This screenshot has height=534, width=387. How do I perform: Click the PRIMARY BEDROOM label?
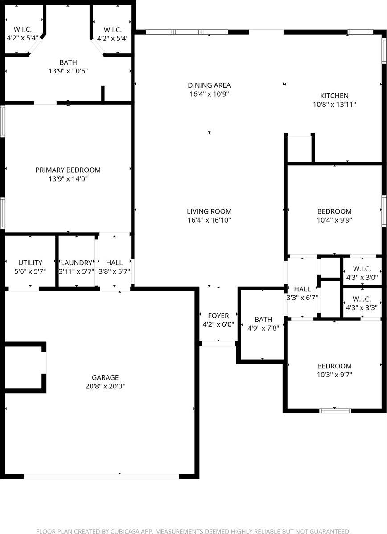point(68,170)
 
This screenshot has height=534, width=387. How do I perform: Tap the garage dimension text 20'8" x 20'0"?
point(105,386)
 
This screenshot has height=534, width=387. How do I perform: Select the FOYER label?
point(218,316)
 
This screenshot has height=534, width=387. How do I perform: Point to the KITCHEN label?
point(334,96)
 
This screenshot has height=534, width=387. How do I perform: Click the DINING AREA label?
point(209,85)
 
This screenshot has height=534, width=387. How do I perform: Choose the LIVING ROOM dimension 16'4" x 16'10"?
point(209,220)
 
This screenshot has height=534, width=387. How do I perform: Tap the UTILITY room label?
point(30,263)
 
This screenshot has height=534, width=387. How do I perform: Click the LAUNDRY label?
point(76,263)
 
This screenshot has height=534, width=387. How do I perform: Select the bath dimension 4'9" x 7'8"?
point(263,328)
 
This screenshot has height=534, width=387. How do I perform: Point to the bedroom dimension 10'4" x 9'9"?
point(334,220)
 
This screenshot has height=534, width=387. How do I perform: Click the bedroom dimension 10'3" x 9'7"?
point(334,375)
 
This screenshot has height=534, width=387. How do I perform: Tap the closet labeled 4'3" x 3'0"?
point(362,277)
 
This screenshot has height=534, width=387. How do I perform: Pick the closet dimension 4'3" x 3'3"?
point(362,307)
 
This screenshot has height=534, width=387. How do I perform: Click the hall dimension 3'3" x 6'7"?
point(302,298)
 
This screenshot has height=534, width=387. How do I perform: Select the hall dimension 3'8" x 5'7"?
point(114,271)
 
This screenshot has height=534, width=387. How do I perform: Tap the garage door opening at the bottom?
point(101,476)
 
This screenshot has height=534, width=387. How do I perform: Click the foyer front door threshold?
point(218,343)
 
